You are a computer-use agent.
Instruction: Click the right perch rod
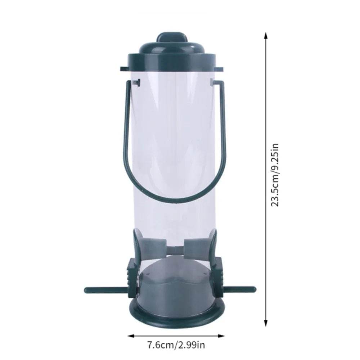pos(239,289)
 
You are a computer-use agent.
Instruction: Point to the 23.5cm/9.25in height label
pos(275,175)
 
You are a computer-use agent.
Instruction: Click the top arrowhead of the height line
pos(266,35)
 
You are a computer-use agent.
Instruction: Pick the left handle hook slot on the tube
pos(136,84)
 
